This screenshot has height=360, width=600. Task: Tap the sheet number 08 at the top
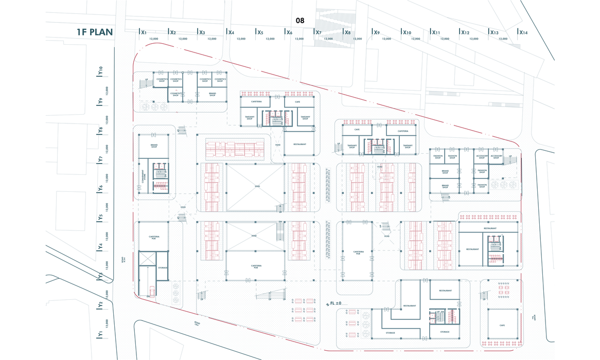pyautogui.click(x=300, y=21)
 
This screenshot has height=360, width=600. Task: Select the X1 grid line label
pyautogui.click(x=144, y=32)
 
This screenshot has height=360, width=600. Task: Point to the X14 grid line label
pyautogui.click(x=523, y=32)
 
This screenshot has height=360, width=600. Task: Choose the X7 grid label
pyautogui.click(x=319, y=32)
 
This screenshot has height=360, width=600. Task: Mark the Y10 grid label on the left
pyautogui.click(x=101, y=71)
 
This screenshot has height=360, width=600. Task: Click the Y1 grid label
pyautogui.click(x=101, y=334)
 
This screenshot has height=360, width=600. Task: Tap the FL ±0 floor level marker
pyautogui.click(x=334, y=304)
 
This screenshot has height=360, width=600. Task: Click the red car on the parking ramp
pyautogui.click(x=151, y=291)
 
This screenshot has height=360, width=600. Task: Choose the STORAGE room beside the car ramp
pyautogui.click(x=163, y=268)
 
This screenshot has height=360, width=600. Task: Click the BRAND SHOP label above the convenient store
pyautogui.click(x=154, y=146)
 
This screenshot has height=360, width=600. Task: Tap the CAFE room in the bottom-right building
pyautogui.click(x=502, y=326)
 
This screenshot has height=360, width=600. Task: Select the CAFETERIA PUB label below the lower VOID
pyautogui.click(x=256, y=267)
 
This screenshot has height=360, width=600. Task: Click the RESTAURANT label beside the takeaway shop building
pyautogui.click(x=299, y=145)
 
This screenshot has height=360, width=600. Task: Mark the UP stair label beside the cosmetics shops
pyautogui.click(x=146, y=80)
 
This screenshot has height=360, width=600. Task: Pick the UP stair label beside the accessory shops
pyautogui.click(x=510, y=156)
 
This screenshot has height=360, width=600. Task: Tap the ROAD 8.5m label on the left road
pyautogui.click(x=122, y=261)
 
